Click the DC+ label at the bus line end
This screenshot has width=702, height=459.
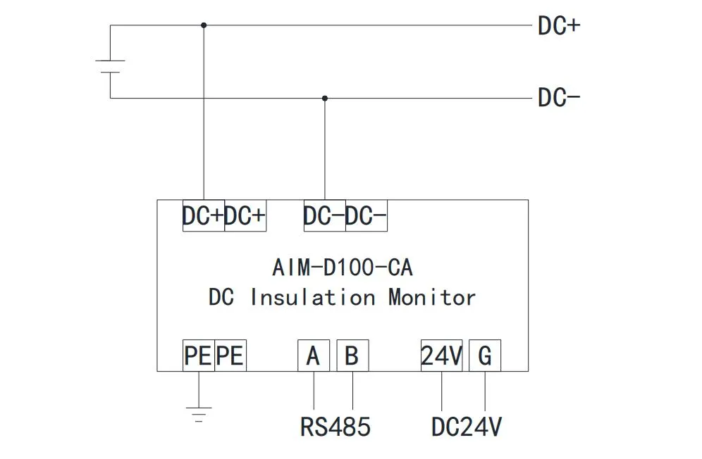558,26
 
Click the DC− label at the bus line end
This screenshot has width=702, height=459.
558,97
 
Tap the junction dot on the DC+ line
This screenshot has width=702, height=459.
204,25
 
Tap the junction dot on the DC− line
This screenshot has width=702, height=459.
324,98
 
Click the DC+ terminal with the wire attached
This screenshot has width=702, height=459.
203,216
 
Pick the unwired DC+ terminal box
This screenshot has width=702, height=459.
245,216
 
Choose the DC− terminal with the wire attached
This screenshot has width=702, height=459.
324,216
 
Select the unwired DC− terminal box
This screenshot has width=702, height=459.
367,216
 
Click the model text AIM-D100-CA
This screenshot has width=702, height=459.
342,268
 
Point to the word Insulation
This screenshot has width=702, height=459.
312,297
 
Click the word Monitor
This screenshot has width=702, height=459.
431,297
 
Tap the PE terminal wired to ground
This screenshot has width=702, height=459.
198,356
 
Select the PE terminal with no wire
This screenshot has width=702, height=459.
230,356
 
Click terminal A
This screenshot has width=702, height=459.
313,356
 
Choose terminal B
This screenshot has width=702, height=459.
352,356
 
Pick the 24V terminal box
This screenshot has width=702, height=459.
441,356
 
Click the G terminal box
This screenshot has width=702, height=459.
485,356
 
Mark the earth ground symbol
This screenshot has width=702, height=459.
199,412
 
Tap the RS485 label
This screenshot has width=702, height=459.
335,427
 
